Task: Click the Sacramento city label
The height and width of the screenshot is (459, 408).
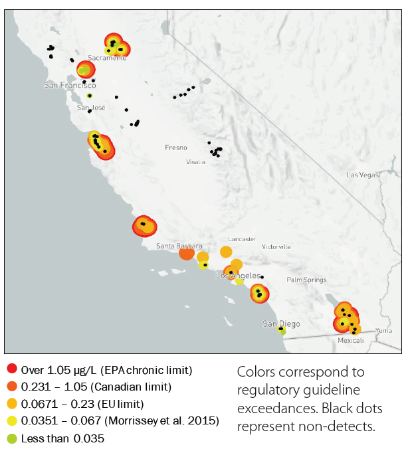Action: [106, 58]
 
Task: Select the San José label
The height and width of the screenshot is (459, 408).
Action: [91, 108]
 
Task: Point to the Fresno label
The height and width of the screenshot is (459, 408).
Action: [176, 147]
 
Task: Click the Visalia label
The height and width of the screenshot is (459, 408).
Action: [195, 161]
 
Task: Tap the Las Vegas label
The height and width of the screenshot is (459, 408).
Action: [362, 175]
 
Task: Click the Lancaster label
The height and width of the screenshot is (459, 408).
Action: [242, 238]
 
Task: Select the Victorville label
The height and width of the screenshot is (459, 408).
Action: [276, 246]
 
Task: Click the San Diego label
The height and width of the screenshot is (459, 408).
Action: [281, 324]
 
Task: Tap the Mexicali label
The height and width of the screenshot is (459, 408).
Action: [351, 340]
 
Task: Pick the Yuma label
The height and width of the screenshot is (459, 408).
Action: [383, 330]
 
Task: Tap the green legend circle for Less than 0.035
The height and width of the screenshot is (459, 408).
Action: [11, 438]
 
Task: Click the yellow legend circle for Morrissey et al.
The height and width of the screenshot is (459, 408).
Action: [11, 421]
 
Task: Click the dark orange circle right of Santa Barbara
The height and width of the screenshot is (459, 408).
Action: [187, 252]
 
